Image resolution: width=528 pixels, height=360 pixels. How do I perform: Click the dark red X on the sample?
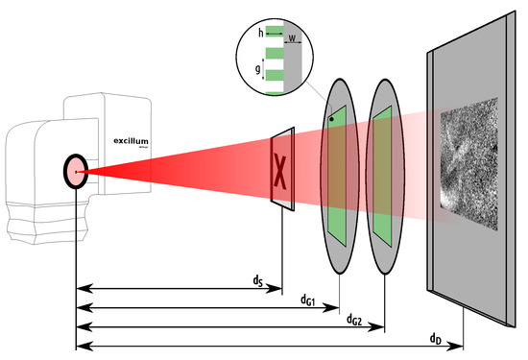(x=281, y=170)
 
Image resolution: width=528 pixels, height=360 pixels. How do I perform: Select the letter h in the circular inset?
(x=261, y=33)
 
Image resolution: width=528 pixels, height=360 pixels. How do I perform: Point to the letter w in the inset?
(x=294, y=40)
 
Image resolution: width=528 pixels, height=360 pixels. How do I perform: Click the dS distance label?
(x=258, y=280)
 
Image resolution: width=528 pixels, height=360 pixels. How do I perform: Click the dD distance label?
(x=438, y=339)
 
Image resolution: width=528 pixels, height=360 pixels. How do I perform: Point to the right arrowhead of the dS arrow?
(x=276, y=287)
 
